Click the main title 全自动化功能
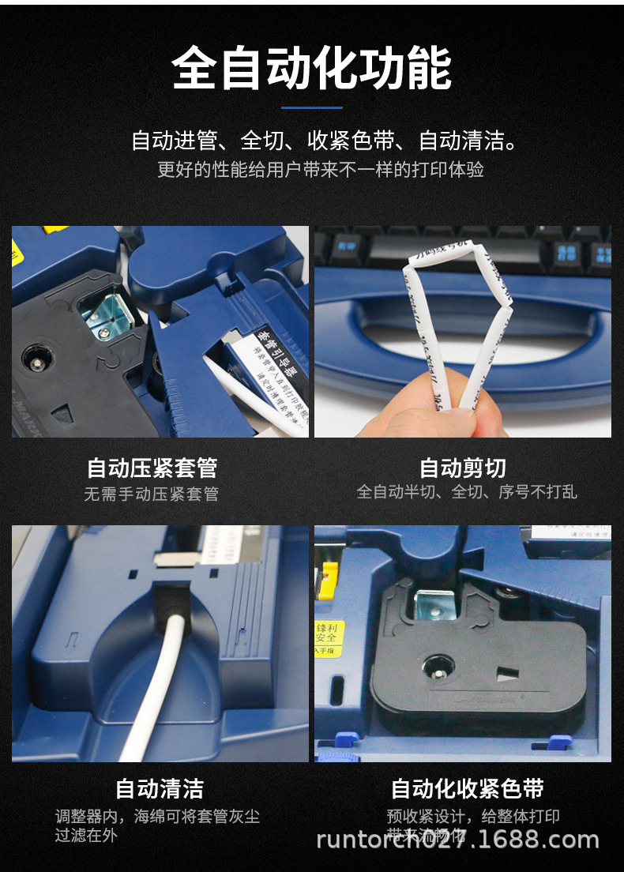[312, 69]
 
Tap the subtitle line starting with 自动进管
[324, 142]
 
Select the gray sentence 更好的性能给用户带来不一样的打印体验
[320, 169]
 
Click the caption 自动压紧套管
[152, 468]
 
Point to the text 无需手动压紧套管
[152, 494]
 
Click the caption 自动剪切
[462, 468]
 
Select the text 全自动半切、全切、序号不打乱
[467, 492]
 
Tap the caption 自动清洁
[160, 788]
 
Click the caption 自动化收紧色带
[468, 788]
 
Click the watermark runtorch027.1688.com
[457, 839]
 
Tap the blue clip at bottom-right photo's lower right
[560, 742]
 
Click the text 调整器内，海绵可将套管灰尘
[157, 817]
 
